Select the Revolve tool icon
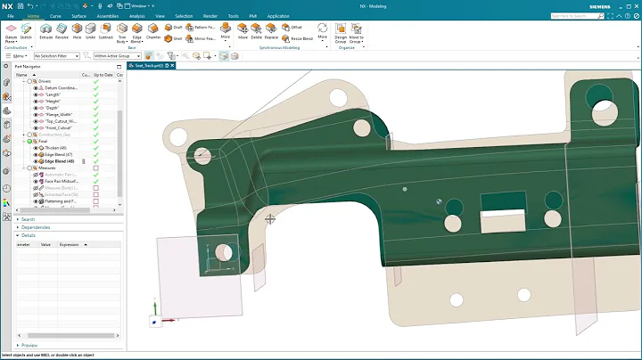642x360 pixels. pos(61,32)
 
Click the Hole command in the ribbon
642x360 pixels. pos(78,32)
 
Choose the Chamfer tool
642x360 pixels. pos(153,32)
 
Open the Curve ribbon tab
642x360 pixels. pos(55,16)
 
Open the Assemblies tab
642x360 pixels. pos(107,16)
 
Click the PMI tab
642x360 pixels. pos(253,16)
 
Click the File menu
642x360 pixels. pos(11,16)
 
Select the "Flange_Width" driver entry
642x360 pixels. pos(58,114)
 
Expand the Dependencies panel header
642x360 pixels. pos(36,227)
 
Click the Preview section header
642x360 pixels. pos(29,345)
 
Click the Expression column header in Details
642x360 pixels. pos(70,243)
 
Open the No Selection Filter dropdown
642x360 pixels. pos(56,55)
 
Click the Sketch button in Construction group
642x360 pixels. pos(26,32)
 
